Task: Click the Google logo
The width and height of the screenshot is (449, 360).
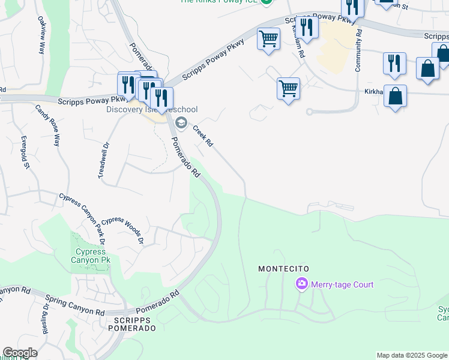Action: tap(20, 353)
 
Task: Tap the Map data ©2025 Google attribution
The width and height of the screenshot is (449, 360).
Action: tap(412, 355)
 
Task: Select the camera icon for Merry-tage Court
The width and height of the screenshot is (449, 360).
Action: tap(301, 283)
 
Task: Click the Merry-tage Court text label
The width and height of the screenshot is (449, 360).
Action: tap(342, 284)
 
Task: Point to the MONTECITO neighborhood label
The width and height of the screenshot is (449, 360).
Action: tap(283, 269)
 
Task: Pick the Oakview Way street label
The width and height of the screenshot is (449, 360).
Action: tap(41, 38)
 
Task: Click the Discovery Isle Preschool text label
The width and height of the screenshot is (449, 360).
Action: tap(152, 109)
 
